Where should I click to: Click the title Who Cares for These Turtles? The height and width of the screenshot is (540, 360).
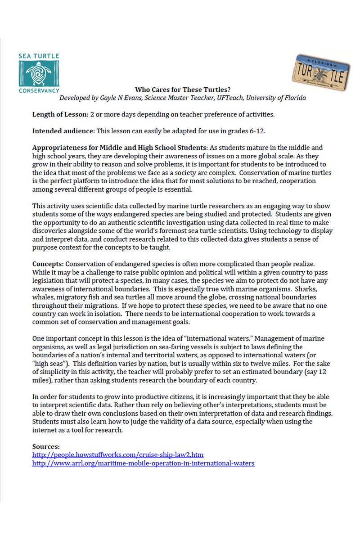pyautogui.click(x=182, y=90)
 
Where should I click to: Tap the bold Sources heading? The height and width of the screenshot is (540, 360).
pyautogui.click(x=45, y=446)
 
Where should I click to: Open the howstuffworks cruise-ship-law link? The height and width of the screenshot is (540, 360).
pyautogui.click(x=118, y=455)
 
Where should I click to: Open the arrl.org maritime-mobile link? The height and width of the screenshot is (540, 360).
pyautogui.click(x=143, y=463)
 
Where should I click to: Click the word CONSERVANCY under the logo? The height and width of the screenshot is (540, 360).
pyautogui.click(x=39, y=90)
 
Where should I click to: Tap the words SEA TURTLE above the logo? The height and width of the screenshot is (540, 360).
pyautogui.click(x=39, y=57)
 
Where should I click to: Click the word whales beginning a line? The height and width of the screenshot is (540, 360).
pyautogui.click(x=44, y=297)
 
